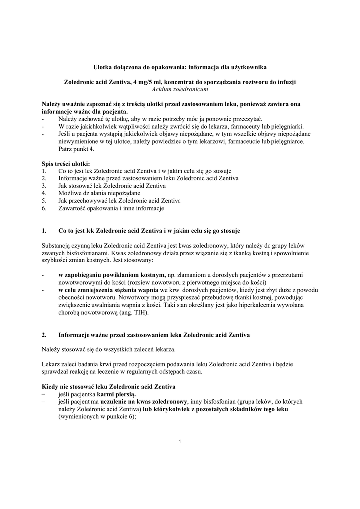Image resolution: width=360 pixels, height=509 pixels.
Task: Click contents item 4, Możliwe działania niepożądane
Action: pos(99,193)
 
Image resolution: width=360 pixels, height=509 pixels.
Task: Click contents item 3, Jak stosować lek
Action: pos(112,185)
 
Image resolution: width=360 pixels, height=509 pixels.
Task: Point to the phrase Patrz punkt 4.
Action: pos(76,149)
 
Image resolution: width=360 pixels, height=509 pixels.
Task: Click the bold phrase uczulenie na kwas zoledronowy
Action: pos(144,402)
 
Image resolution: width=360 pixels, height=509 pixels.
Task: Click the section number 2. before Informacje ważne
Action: pos(45,335)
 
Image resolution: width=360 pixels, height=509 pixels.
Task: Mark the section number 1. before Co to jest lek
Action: pos(45,231)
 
